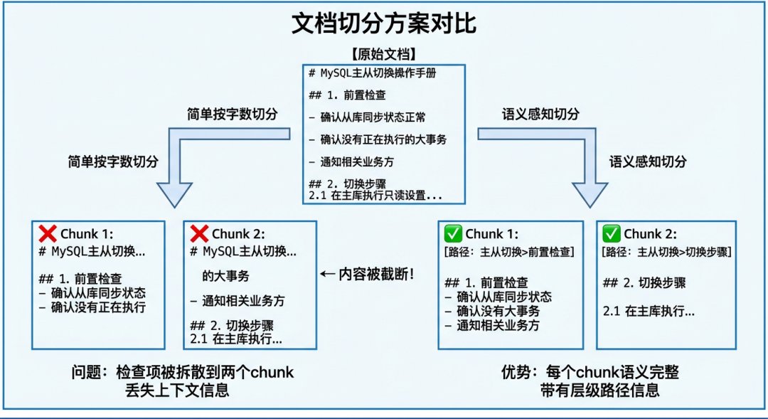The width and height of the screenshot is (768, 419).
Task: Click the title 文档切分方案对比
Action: click(383, 24)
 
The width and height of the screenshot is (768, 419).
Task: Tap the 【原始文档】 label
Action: click(383, 54)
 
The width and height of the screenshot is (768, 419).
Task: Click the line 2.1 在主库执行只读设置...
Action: click(376, 194)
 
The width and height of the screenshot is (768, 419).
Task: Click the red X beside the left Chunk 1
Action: click(48, 234)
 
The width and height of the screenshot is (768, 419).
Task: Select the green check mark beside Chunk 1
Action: click(452, 234)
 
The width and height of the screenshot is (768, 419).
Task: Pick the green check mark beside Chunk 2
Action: click(611, 234)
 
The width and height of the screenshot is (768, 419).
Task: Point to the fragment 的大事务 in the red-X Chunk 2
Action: click(225, 275)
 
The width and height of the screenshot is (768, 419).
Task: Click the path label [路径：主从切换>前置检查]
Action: click(508, 252)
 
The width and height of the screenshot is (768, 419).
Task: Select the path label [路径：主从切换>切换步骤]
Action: click(666, 252)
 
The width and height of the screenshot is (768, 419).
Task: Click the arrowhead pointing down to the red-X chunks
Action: click(174, 193)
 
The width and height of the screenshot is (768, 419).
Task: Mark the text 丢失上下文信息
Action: click(182, 390)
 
